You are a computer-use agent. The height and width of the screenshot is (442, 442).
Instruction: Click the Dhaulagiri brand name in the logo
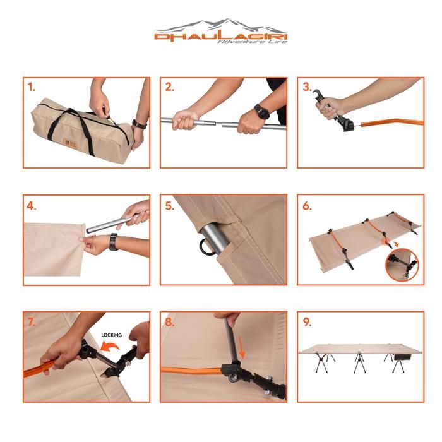point(221,37)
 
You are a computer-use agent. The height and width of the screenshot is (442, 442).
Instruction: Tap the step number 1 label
point(32,87)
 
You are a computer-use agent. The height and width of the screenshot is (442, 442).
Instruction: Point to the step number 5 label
point(169,206)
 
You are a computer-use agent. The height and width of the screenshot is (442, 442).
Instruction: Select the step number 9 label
point(307,322)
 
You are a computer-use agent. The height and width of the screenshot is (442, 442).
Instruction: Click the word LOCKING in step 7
point(112,335)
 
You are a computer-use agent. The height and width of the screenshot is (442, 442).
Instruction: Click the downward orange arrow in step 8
point(241,347)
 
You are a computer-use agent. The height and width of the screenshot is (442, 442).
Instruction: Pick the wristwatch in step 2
point(262,111)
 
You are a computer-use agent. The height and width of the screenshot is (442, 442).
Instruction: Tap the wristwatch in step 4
point(114,242)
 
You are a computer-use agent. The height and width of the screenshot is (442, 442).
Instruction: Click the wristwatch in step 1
point(140,124)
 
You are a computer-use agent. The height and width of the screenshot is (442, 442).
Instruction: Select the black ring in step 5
point(205,248)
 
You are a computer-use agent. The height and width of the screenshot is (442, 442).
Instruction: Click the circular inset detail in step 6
point(402,265)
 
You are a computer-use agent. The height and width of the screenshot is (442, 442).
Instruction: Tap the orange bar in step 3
point(392,123)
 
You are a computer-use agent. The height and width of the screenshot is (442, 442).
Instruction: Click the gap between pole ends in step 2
point(219,123)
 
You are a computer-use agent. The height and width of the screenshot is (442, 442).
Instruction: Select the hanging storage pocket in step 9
point(403,357)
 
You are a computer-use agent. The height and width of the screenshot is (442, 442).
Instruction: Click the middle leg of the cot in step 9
point(359,362)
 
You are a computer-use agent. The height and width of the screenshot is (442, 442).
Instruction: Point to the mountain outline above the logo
point(221,25)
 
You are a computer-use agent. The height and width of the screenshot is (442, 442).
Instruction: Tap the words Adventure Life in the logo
point(253,42)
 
